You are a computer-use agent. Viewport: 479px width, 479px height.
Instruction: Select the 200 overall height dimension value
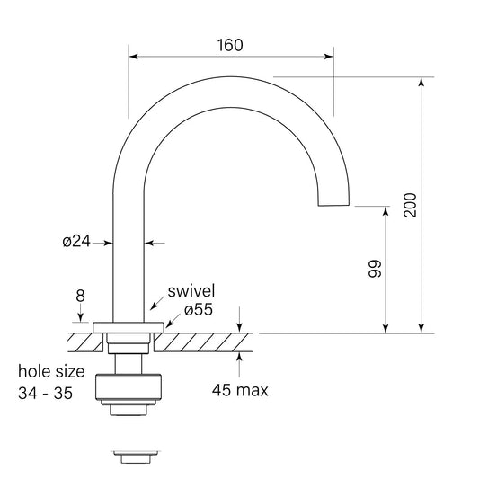click(x=410, y=206)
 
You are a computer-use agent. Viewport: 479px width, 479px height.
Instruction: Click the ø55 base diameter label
click(x=198, y=309)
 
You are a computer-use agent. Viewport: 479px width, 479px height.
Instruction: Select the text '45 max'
click(x=240, y=390)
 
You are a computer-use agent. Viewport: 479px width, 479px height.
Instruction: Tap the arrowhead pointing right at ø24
click(x=108, y=242)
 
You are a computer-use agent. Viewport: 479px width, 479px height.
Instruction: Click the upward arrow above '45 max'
click(x=240, y=358)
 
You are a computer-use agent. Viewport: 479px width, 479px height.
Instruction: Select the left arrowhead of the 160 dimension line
click(x=134, y=57)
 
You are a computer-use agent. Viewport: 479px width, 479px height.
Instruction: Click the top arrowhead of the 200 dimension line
click(x=421, y=82)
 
